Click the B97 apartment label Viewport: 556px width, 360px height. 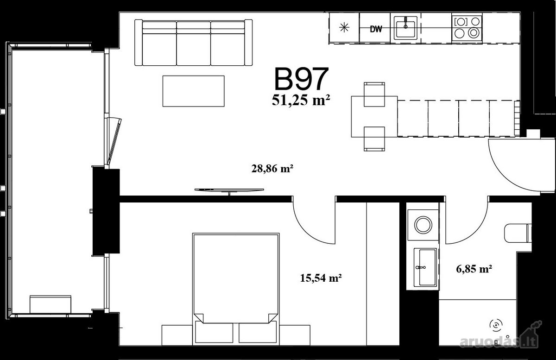point(301,79)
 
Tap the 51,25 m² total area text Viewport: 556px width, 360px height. point(301,101)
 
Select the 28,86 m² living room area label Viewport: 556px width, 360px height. point(272,169)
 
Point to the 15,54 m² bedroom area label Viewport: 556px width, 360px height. point(321,278)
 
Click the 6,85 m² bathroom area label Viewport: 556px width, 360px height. point(474,269)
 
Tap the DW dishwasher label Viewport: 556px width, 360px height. point(376,29)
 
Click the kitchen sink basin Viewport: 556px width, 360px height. point(405,29)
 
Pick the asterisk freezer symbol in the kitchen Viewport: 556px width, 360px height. point(344,27)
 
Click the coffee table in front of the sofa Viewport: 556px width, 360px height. point(193,91)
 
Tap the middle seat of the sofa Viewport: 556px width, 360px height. point(194,44)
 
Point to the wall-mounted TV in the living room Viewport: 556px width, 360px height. point(229,190)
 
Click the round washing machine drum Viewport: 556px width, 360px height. point(423,225)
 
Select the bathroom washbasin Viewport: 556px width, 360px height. point(425,267)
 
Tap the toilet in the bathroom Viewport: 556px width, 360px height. point(518,233)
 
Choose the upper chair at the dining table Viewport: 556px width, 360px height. point(374,95)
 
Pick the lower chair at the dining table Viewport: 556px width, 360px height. point(374,139)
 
